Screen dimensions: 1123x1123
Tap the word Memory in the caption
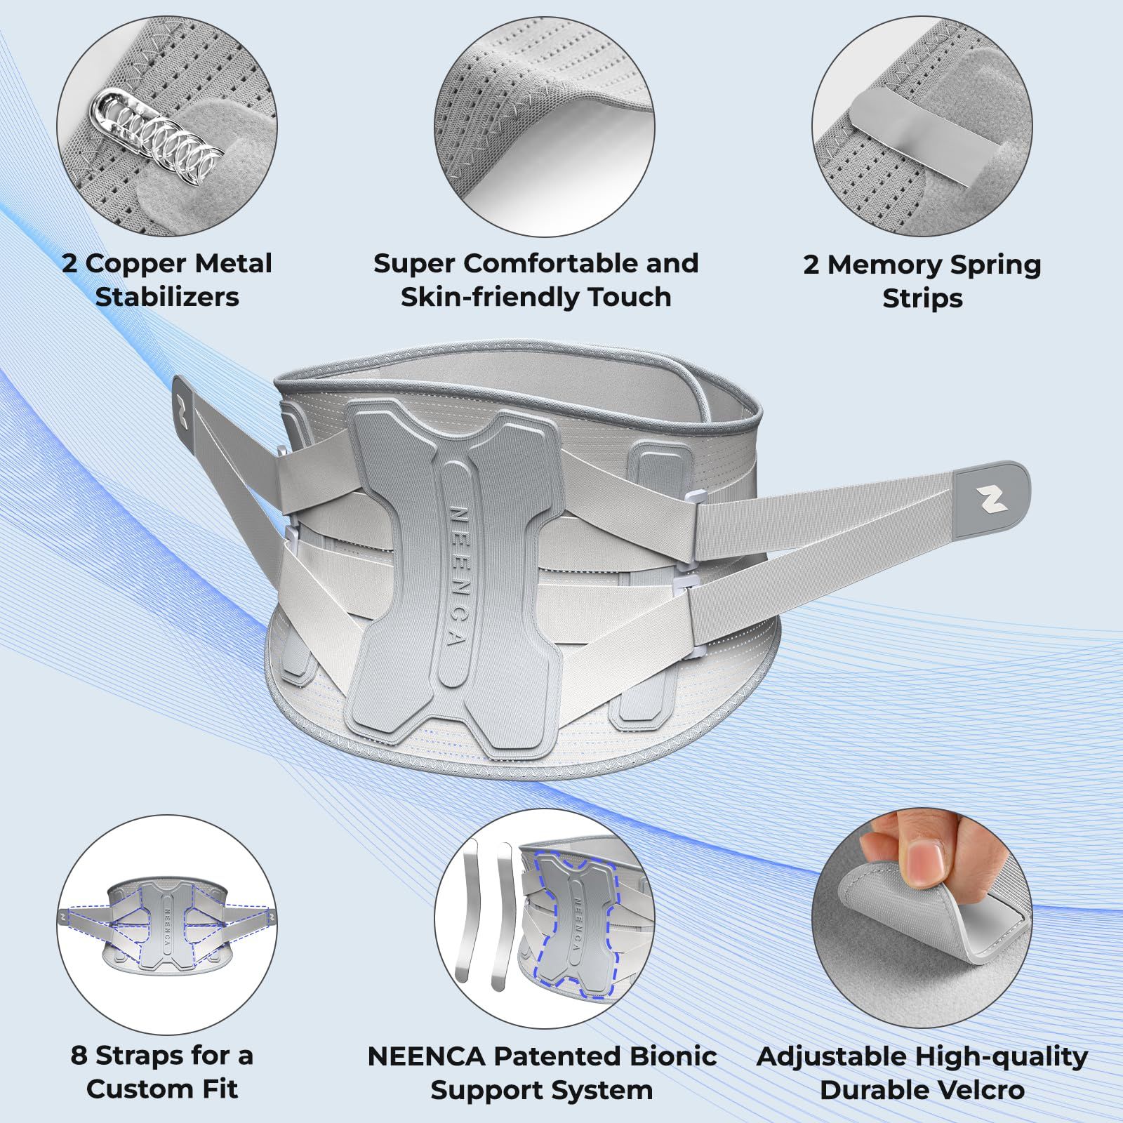click(x=882, y=265)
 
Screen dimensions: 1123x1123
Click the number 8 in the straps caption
click(x=79, y=1055)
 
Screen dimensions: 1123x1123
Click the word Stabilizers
click(x=167, y=297)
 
